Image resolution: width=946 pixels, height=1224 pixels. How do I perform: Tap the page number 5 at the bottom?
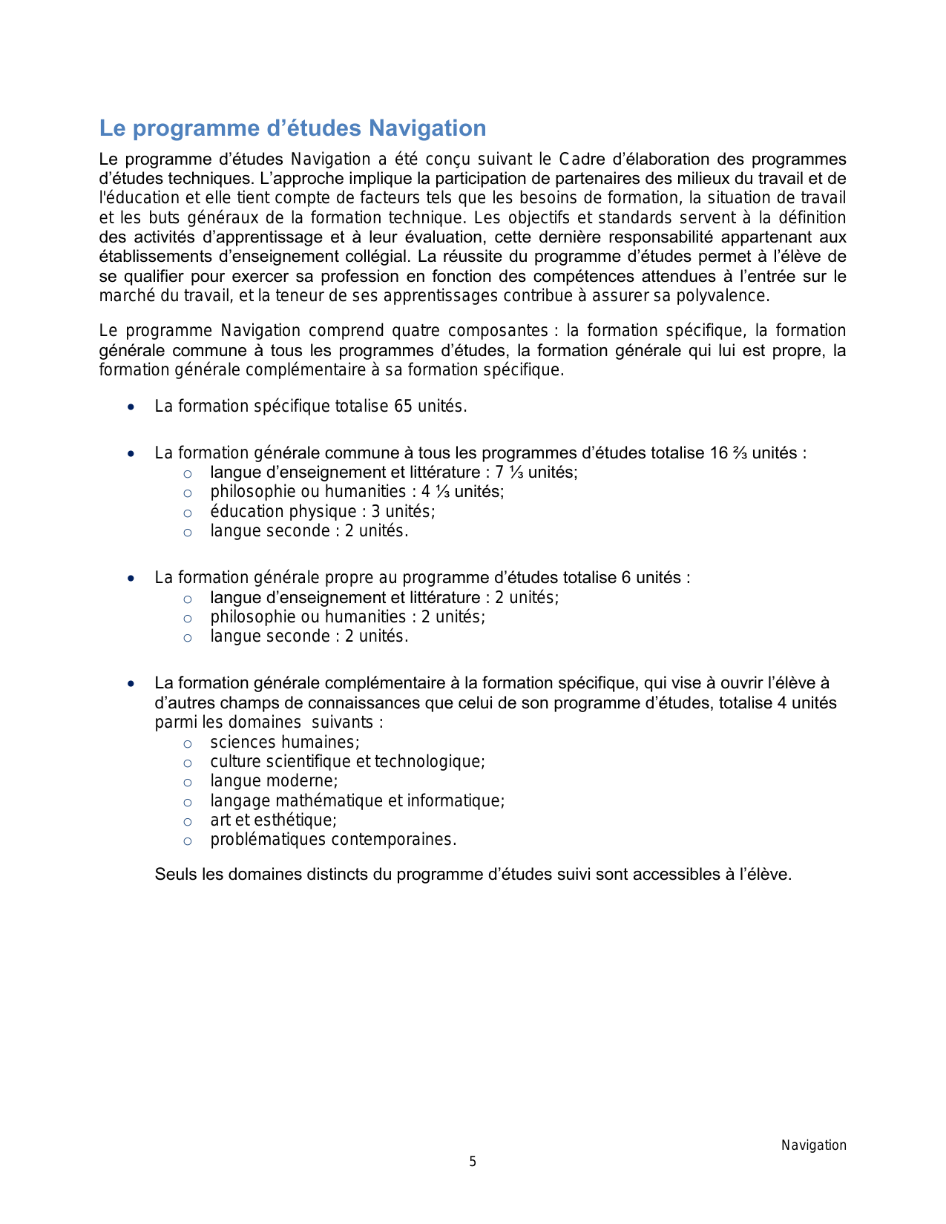pos(473,1162)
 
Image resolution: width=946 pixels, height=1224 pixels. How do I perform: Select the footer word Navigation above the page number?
pos(813,1145)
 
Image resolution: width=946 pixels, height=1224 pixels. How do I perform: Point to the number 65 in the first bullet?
pos(403,406)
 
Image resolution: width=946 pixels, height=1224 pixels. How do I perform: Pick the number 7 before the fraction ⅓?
pos(499,472)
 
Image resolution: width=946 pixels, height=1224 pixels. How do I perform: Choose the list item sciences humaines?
pos(284,742)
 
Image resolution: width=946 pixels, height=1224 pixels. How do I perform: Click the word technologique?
pos(429,761)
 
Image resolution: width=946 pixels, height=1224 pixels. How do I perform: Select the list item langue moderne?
pos(274,780)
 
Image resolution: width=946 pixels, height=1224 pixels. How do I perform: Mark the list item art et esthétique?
pos(273,820)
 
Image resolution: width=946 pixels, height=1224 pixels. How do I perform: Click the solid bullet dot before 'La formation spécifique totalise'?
pos(131,407)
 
